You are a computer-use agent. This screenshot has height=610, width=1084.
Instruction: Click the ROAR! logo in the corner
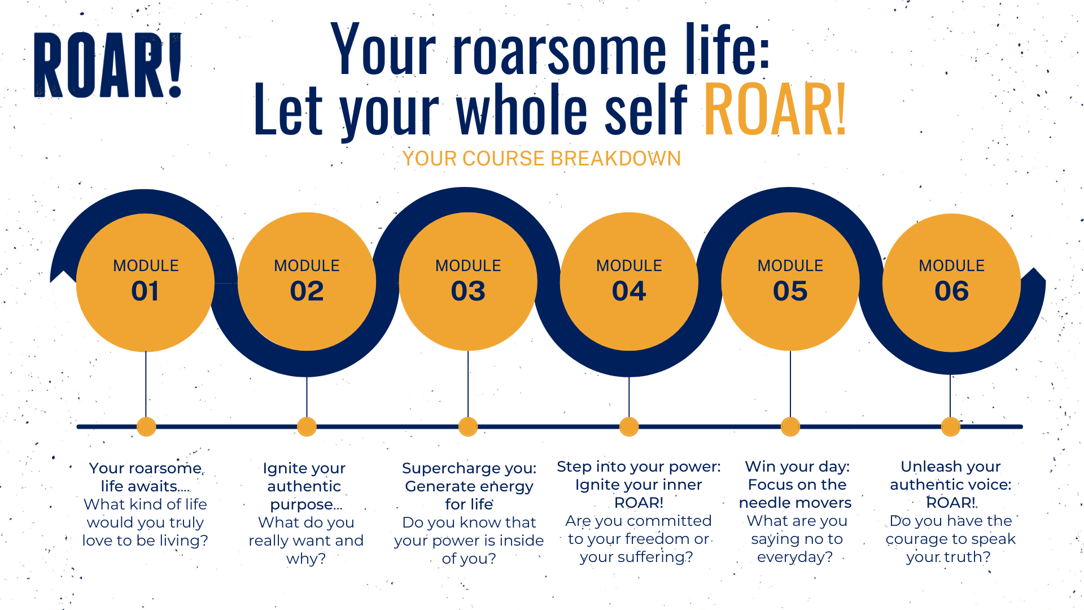click(x=108, y=64)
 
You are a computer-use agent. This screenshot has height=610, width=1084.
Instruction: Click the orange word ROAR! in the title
click(x=775, y=110)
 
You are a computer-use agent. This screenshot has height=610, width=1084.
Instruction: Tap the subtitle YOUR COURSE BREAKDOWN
click(x=541, y=159)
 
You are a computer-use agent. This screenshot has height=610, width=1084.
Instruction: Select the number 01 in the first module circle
click(x=145, y=291)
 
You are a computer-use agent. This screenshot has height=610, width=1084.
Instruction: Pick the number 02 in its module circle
click(x=307, y=291)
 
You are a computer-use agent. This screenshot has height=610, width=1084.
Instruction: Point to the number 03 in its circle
click(x=468, y=291)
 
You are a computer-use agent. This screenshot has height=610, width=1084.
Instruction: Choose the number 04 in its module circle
click(x=629, y=291)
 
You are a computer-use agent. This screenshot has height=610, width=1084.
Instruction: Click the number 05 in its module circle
click(x=790, y=291)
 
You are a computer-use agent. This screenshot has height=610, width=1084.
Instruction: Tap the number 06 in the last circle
click(x=951, y=291)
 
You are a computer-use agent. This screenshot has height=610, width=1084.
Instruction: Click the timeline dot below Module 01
click(x=146, y=426)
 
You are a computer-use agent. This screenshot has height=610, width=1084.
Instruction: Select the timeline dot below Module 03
click(x=468, y=426)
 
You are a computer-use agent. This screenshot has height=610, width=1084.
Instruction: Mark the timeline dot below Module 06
click(x=951, y=426)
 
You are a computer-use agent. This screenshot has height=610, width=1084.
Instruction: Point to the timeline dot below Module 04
click(x=629, y=426)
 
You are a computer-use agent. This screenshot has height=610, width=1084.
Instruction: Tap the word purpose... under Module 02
click(x=306, y=505)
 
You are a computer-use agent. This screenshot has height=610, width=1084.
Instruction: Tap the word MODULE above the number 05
click(x=790, y=265)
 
